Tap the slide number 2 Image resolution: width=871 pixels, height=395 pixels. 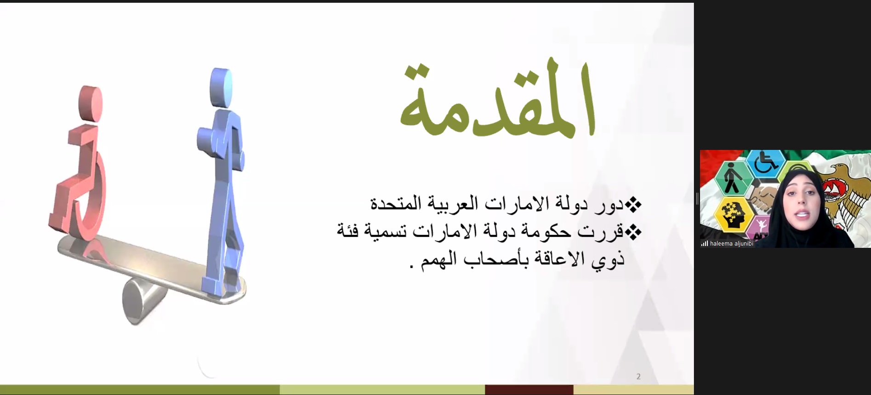(x=638, y=377)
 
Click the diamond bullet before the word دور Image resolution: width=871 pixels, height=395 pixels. (x=633, y=205)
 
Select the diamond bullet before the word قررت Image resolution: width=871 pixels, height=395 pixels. (x=633, y=233)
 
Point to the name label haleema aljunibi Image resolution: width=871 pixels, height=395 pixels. (x=731, y=244)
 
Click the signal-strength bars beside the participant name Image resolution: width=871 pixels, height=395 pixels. (x=704, y=244)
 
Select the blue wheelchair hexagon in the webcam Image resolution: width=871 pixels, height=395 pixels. (x=765, y=164)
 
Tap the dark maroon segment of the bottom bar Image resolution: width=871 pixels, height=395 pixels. (x=529, y=389)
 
